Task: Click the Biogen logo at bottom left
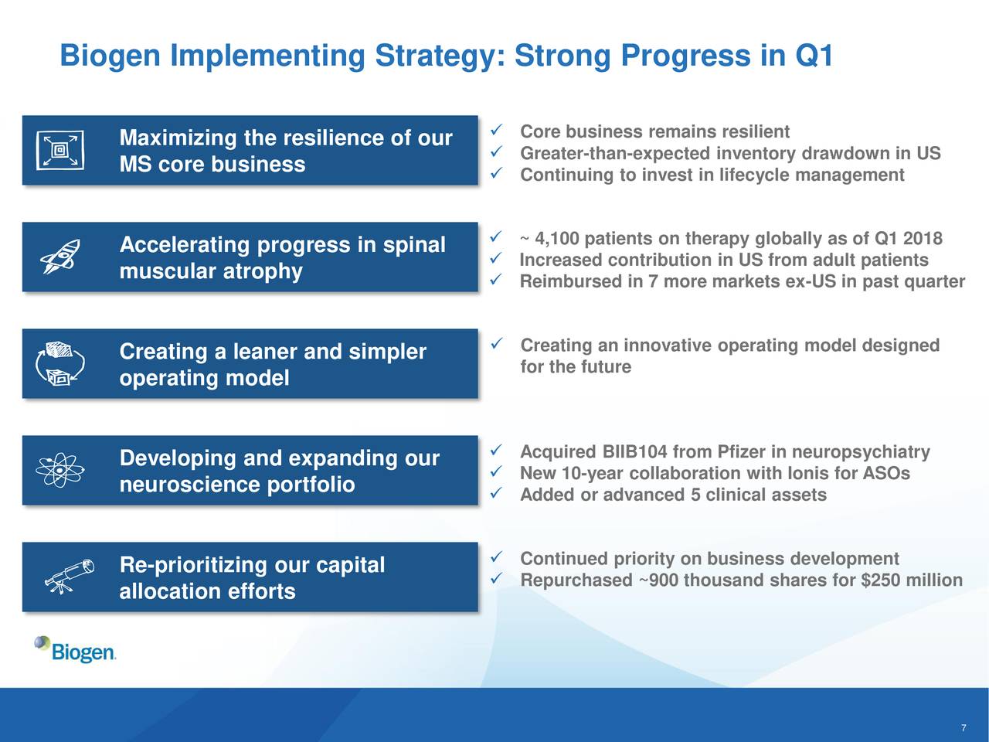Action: (x=75, y=649)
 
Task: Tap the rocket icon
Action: (x=60, y=256)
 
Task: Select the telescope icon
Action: (x=70, y=577)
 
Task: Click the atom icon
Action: (x=60, y=470)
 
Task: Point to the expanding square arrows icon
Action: (x=60, y=150)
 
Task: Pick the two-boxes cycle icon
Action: (x=60, y=363)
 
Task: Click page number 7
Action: (x=964, y=727)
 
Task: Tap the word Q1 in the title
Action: (x=814, y=56)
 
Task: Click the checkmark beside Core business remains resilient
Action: (x=495, y=130)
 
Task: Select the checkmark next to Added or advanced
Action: (x=495, y=493)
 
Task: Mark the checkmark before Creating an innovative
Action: (x=495, y=344)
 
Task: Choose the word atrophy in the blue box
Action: (x=262, y=271)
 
